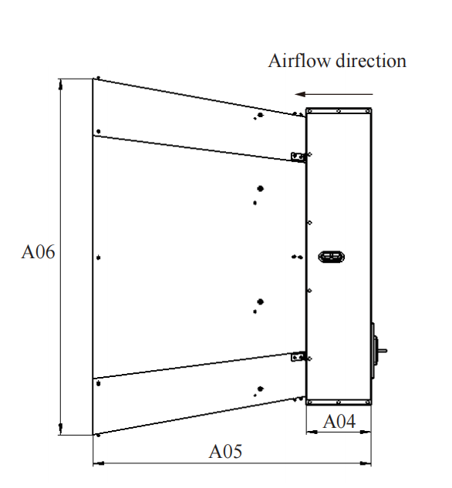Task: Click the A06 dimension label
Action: click(38, 252)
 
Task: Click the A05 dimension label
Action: click(225, 451)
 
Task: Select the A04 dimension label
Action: click(339, 422)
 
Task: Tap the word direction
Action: click(371, 60)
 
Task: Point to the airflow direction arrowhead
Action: click(300, 94)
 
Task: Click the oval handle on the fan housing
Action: click(331, 257)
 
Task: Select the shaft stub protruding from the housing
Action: click(383, 351)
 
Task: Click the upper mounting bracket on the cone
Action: click(298, 157)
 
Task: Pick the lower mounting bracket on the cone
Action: click(298, 356)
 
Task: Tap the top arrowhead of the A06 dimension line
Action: click(61, 84)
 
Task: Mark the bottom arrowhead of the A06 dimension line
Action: click(61, 429)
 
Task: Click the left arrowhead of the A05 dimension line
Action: click(99, 463)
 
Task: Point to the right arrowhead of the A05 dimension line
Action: click(366, 463)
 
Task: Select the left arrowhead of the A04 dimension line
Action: click(312, 432)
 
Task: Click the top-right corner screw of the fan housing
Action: click(368, 111)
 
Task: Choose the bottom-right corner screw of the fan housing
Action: click(368, 402)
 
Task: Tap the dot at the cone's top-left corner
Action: click(99, 78)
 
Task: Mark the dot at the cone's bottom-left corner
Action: click(99, 435)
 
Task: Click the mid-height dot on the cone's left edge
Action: click(99, 257)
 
